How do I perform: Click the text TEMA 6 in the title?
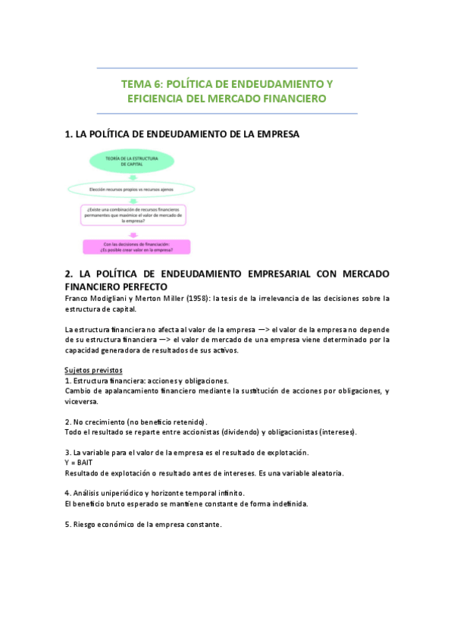click(140, 83)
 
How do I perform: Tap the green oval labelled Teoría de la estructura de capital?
click(131, 161)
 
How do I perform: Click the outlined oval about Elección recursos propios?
click(131, 189)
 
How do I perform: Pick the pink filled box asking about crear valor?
click(136, 246)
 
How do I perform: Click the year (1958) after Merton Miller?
click(194, 299)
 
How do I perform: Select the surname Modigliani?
click(110, 299)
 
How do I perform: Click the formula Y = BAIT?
click(79, 463)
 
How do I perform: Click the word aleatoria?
click(325, 473)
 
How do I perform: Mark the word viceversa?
click(83, 401)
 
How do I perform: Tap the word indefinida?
click(286, 504)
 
